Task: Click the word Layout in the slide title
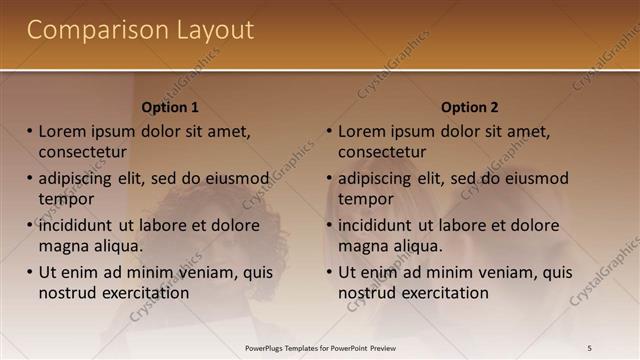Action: point(211,31)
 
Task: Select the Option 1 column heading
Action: point(170,107)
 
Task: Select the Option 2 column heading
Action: point(469,107)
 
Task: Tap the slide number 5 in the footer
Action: point(590,347)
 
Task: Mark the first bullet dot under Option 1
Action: point(30,131)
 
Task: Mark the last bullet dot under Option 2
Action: point(329,272)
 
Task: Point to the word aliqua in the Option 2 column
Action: point(420,246)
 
